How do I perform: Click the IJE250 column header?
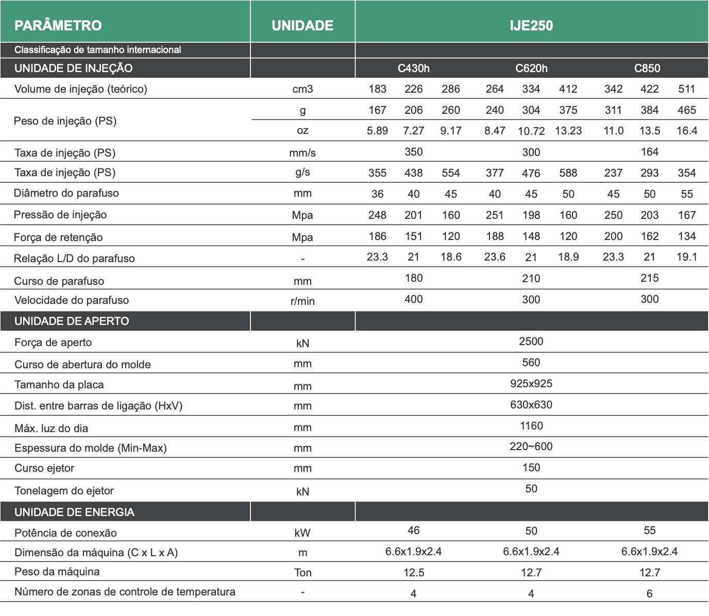click(x=531, y=25)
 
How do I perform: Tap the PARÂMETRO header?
click(x=58, y=25)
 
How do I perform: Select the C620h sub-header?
click(x=531, y=69)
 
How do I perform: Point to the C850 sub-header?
click(x=647, y=69)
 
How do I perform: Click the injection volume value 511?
click(x=687, y=89)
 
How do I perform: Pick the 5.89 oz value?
click(x=377, y=131)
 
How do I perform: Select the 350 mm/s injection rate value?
click(x=413, y=152)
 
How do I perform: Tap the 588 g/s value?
click(x=568, y=173)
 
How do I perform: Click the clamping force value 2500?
click(x=531, y=341)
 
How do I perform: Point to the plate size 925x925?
click(x=531, y=384)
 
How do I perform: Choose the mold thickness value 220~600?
click(x=531, y=447)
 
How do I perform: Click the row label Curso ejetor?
click(x=44, y=468)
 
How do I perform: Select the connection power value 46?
click(x=413, y=531)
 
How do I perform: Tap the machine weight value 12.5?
click(x=414, y=573)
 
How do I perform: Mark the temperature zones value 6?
click(x=649, y=594)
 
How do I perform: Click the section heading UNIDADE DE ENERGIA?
click(x=74, y=512)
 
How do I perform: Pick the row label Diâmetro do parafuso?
click(x=66, y=193)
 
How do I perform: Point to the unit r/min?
click(x=302, y=301)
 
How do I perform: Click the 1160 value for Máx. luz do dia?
click(x=531, y=426)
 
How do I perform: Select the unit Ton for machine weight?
click(x=302, y=573)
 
